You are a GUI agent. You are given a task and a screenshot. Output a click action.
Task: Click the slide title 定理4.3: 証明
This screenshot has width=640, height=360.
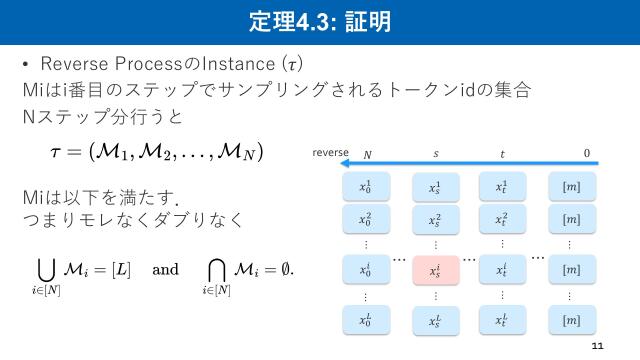click(x=319, y=20)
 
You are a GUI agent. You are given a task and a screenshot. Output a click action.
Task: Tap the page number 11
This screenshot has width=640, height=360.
click(x=599, y=345)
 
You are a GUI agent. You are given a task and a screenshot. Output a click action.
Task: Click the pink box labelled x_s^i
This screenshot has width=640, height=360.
click(x=434, y=270)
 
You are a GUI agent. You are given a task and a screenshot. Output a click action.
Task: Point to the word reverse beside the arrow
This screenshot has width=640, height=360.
click(x=330, y=153)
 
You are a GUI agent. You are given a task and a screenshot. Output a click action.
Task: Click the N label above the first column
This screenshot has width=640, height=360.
click(x=367, y=154)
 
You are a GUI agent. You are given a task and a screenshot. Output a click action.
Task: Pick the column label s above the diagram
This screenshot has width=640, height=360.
click(x=435, y=154)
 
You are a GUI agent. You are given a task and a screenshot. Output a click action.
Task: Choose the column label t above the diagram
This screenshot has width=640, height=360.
click(x=501, y=154)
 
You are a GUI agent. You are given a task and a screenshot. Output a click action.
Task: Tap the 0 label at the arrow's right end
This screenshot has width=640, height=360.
click(x=587, y=154)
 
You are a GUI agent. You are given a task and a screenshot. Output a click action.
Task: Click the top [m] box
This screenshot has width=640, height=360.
click(x=571, y=187)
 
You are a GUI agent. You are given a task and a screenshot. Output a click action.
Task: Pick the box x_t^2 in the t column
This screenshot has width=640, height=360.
click(x=502, y=219)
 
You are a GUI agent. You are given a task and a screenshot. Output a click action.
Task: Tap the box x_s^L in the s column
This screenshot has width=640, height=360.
click(x=434, y=320)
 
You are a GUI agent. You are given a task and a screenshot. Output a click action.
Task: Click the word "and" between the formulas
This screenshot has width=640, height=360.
click(x=165, y=270)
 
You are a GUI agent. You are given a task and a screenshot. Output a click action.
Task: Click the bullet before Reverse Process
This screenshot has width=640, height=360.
click(x=26, y=66)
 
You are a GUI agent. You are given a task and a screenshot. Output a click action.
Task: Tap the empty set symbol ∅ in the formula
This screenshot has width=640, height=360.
click(x=289, y=270)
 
